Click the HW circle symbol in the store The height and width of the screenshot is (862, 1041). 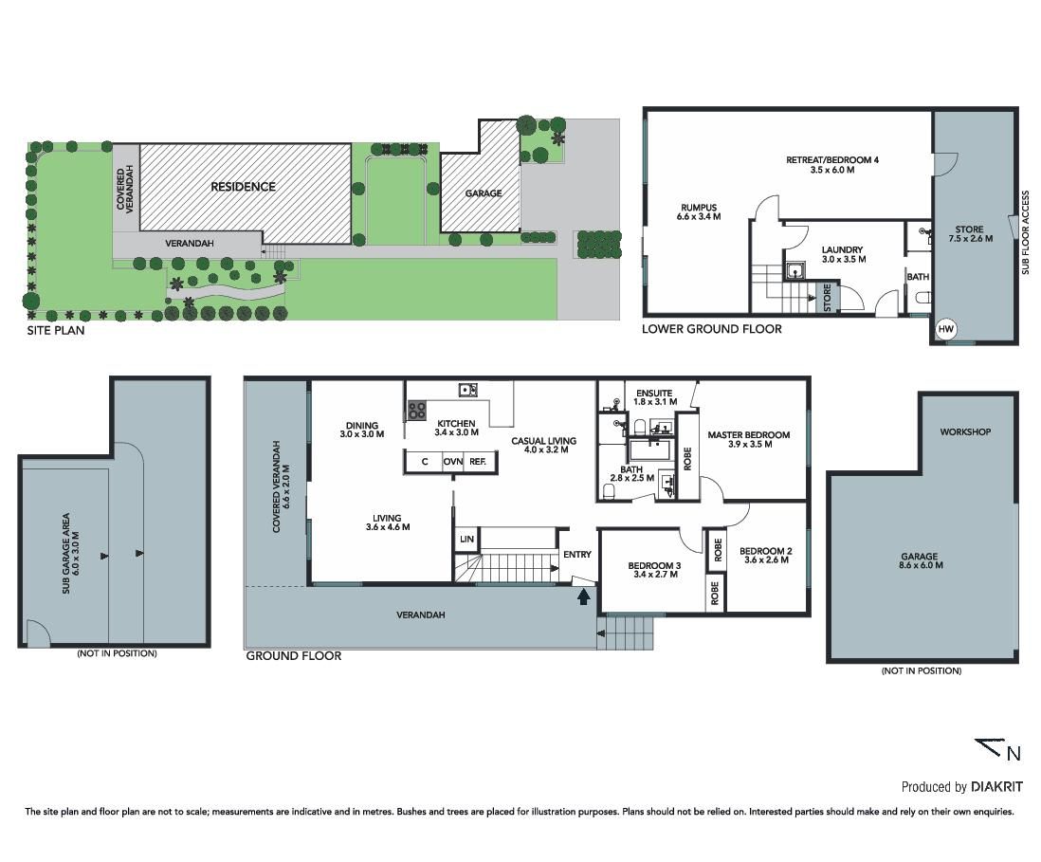(x=945, y=329)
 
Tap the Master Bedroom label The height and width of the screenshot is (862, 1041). (x=749, y=435)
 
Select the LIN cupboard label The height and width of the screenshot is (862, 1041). (x=466, y=539)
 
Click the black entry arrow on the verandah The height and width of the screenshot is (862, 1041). (x=584, y=597)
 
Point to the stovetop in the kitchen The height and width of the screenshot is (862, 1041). (x=416, y=411)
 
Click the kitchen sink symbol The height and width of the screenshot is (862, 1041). (x=467, y=389)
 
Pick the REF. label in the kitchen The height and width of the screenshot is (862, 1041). (x=478, y=462)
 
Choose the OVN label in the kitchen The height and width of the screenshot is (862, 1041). (x=453, y=462)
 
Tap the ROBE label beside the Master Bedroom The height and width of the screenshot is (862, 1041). (x=687, y=458)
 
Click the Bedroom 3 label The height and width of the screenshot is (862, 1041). (x=654, y=566)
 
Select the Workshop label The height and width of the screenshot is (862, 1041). (x=965, y=431)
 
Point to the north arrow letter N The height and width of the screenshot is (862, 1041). (x=1014, y=753)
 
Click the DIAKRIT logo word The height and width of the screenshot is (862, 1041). (x=996, y=787)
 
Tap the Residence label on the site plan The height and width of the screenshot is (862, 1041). (x=243, y=187)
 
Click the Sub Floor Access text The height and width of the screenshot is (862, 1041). (x=1025, y=232)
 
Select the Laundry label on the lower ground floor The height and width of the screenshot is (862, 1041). (x=842, y=249)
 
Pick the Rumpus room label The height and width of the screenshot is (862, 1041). (x=699, y=207)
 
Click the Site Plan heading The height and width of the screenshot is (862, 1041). (x=56, y=330)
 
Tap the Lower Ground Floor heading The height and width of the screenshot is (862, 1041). (x=712, y=329)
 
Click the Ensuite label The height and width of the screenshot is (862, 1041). (x=654, y=394)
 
